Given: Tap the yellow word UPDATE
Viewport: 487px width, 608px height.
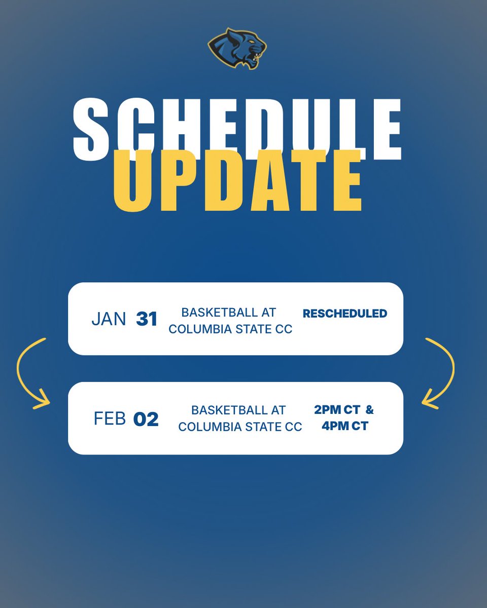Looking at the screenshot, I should pyautogui.click(x=237, y=181).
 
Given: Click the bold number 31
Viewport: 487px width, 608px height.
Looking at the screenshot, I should pyautogui.click(x=147, y=319).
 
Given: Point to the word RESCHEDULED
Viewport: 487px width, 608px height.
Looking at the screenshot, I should pyautogui.click(x=345, y=314).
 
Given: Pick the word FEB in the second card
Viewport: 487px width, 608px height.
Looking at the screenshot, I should pyautogui.click(x=110, y=419).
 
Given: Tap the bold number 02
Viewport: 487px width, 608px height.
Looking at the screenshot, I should pyautogui.click(x=146, y=419).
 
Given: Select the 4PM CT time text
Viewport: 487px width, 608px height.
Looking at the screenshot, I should pyautogui.click(x=345, y=426).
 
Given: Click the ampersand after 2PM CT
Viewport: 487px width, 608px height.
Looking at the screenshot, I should pyautogui.click(x=369, y=409).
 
